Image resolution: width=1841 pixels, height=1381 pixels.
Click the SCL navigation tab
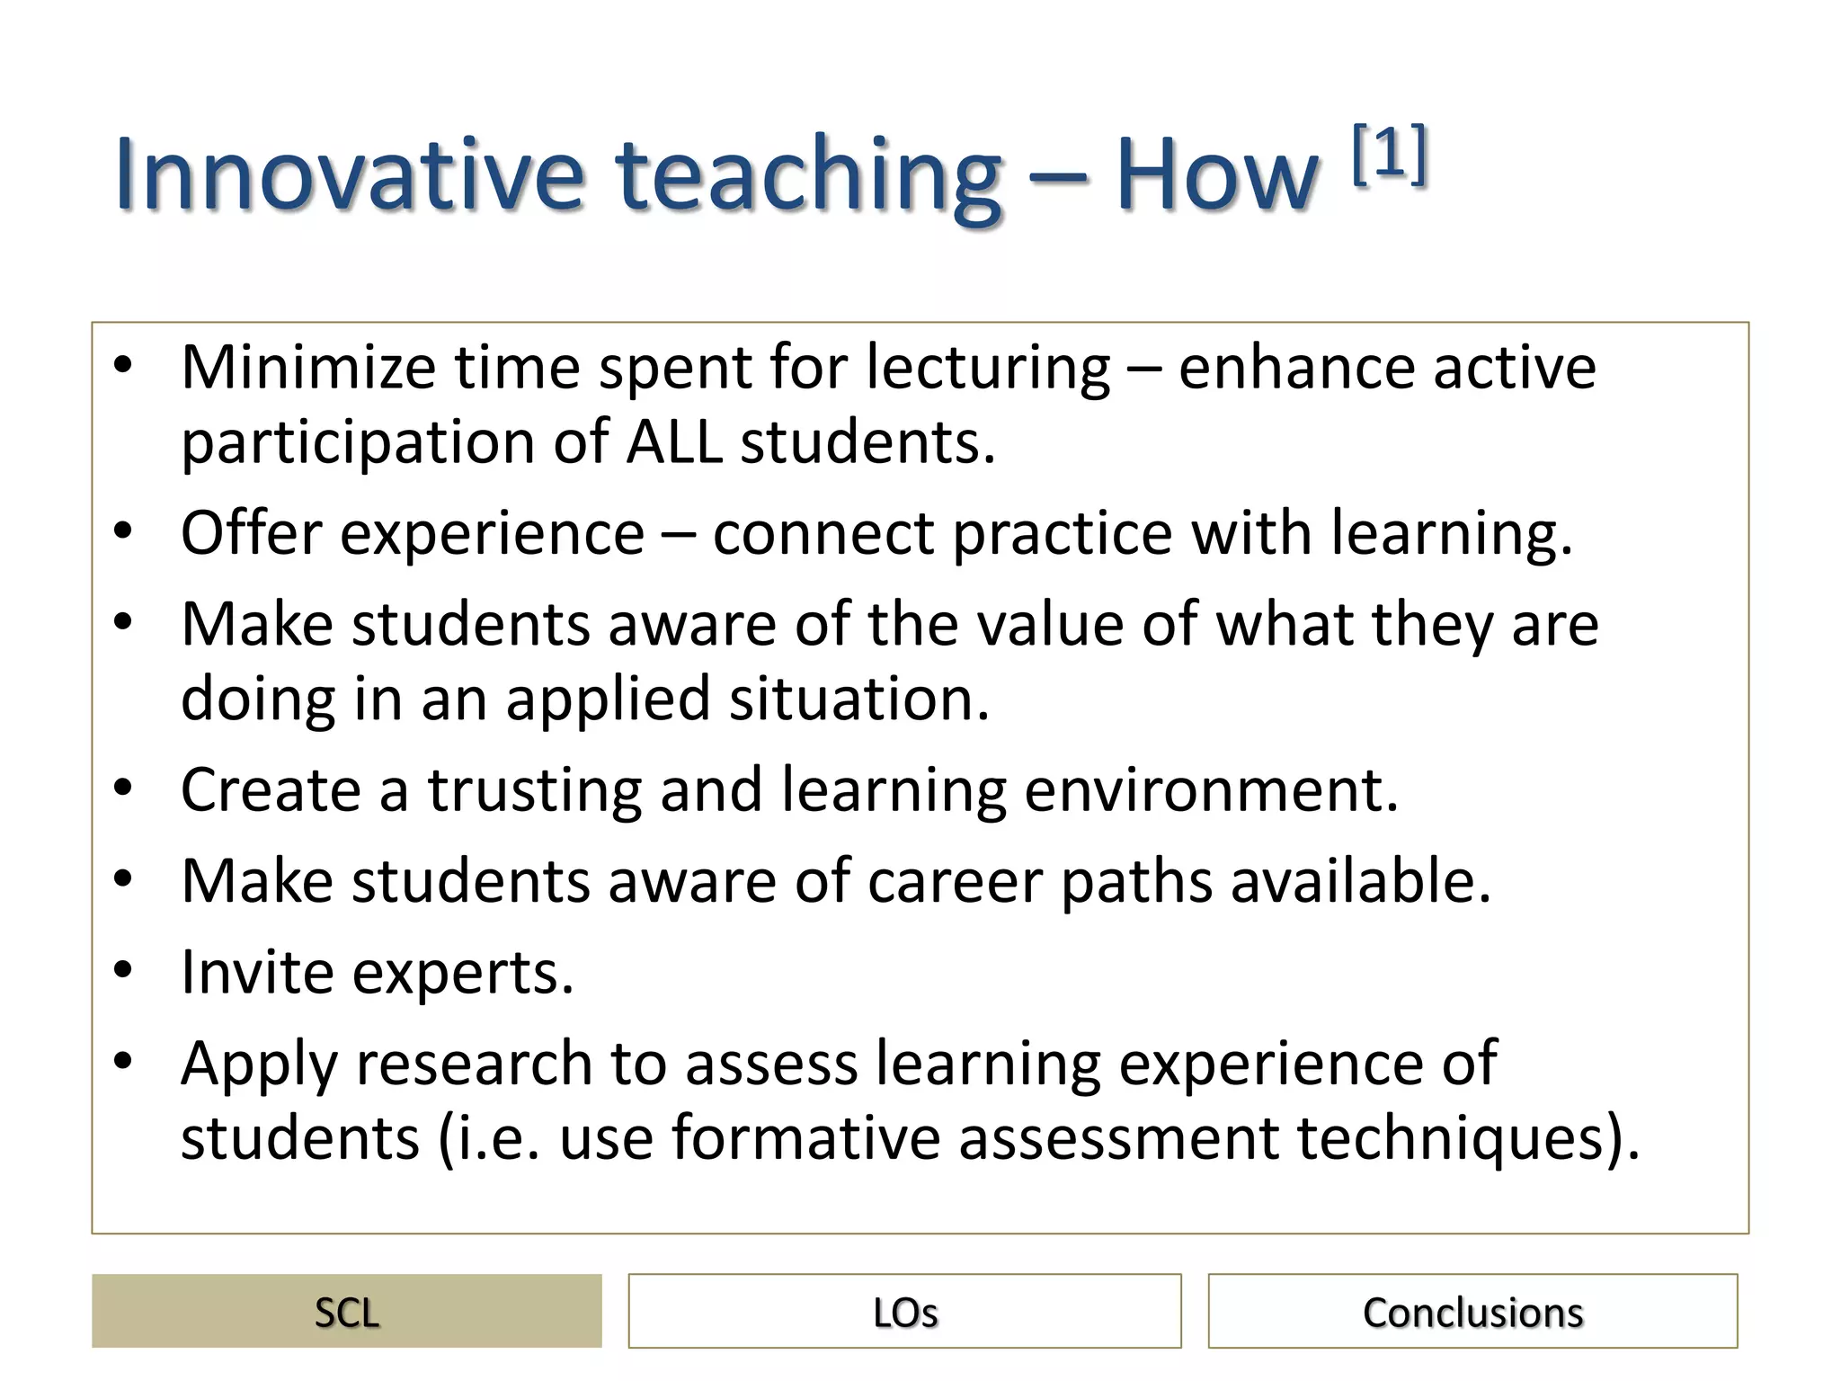pos(346,1312)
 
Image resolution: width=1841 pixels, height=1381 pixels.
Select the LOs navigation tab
pos(904,1312)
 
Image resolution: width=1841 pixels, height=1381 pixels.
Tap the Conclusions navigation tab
pos(1472,1312)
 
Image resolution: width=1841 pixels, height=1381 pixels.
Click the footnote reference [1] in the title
pos(1390,155)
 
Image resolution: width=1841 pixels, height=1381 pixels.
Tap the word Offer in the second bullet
pos(251,532)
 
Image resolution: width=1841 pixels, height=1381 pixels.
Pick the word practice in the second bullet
pos(1062,532)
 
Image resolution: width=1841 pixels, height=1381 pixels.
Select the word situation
pos(858,699)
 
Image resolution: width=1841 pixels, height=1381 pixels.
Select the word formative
pos(805,1137)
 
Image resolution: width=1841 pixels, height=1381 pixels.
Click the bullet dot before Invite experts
pos(123,970)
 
